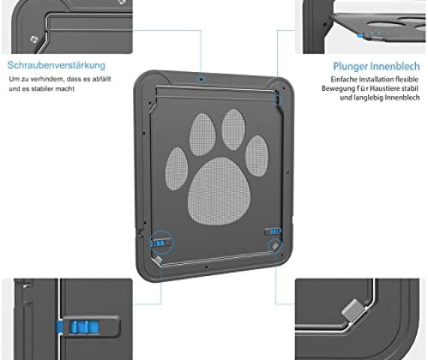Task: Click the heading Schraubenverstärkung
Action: pyautogui.click(x=56, y=65)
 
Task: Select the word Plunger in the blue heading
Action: pyautogui.click(x=351, y=66)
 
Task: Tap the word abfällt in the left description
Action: pyautogui.click(x=101, y=79)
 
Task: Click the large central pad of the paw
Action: pyautogui.click(x=219, y=191)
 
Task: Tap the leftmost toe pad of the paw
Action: pyautogui.click(x=176, y=169)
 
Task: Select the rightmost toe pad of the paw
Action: pyautogui.click(x=257, y=156)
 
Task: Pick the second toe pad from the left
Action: pyautogui.click(x=203, y=134)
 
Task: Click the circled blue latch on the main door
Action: pyautogui.click(x=160, y=242)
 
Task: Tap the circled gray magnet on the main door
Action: pyautogui.click(x=275, y=245)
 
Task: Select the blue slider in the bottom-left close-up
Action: pyautogui.click(x=84, y=327)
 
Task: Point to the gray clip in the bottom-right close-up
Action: pyautogui.click(x=353, y=310)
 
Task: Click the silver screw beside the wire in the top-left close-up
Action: pyautogui.click(x=34, y=39)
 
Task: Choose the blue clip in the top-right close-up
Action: pyautogui.click(x=361, y=36)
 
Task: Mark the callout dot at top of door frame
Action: pyautogui.click(x=201, y=79)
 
